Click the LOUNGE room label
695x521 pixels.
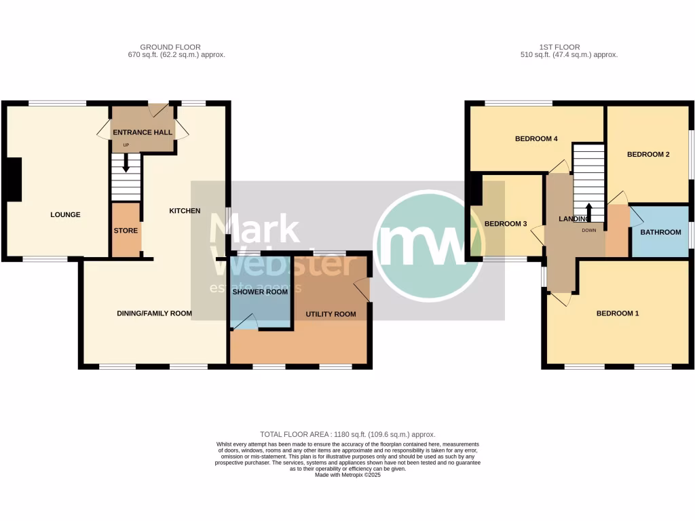tap(65, 215)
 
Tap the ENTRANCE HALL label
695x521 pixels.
tap(142, 132)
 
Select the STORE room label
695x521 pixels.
tap(126, 231)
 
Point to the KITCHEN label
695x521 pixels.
tap(185, 211)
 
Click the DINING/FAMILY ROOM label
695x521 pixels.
tap(154, 313)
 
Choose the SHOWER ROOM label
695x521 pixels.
tap(260, 292)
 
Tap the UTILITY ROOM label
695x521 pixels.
tap(331, 314)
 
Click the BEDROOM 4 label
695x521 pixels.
tap(536, 139)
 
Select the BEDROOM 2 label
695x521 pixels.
tap(648, 155)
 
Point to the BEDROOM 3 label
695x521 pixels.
tap(506, 224)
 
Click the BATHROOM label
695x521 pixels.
tap(660, 233)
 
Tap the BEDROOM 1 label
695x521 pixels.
tap(618, 313)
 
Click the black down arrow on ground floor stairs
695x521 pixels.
tap(126, 163)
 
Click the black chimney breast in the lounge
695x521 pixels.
tap(14, 179)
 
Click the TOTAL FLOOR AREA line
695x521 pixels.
tap(347, 434)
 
